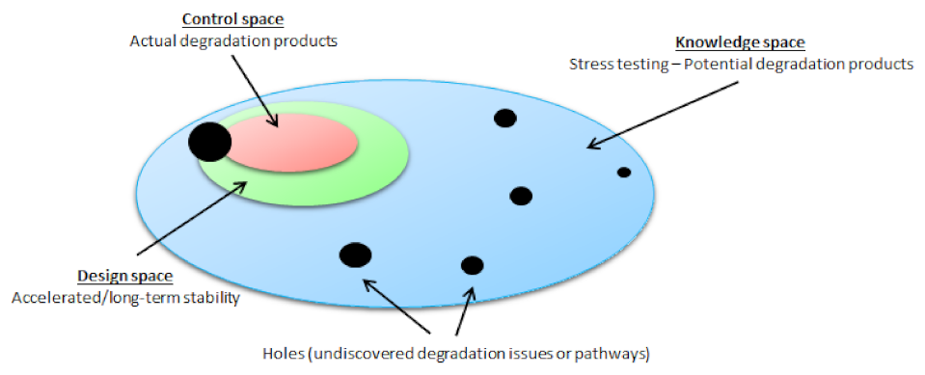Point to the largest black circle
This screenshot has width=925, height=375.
(x=209, y=143)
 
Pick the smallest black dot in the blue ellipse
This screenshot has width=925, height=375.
(x=624, y=173)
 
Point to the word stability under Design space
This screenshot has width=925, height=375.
(x=209, y=298)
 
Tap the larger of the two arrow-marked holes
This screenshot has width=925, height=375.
(x=355, y=254)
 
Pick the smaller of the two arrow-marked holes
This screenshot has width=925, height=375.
(x=472, y=265)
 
